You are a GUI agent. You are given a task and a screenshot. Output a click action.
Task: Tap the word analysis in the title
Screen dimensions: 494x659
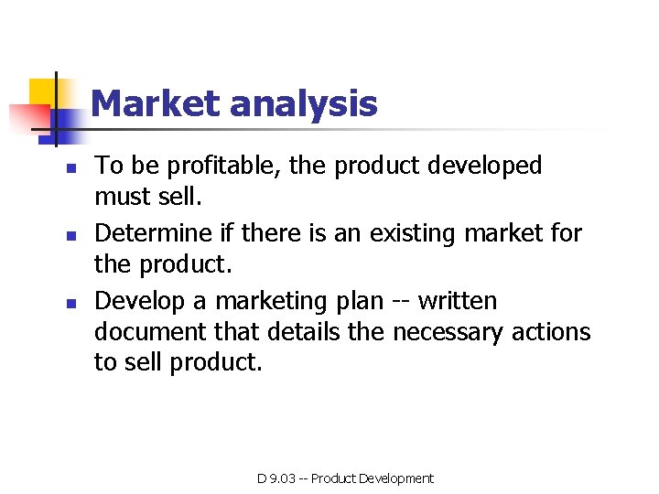click(303, 103)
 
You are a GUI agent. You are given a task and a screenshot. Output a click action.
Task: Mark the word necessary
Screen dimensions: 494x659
click(448, 331)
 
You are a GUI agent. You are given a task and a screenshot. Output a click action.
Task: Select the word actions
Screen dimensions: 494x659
click(552, 331)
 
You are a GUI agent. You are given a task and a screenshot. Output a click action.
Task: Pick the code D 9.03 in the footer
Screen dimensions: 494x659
click(276, 478)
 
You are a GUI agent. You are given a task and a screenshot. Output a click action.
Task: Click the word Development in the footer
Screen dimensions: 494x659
click(396, 478)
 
